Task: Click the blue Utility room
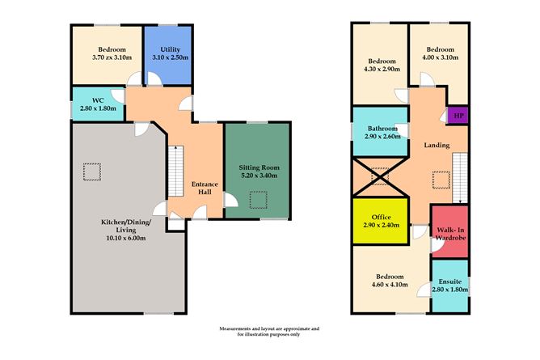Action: [167, 54]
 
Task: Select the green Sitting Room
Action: [258, 170]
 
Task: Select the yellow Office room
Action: [381, 222]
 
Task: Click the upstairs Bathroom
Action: [381, 133]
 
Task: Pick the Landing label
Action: [436, 146]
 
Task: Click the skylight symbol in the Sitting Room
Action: [259, 198]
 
